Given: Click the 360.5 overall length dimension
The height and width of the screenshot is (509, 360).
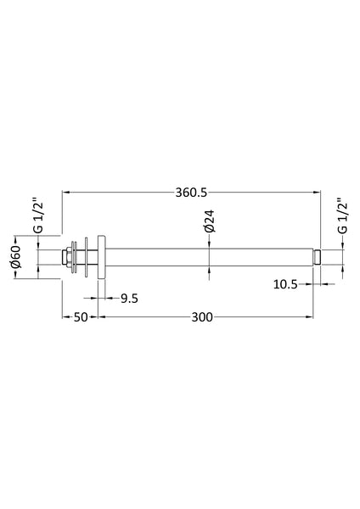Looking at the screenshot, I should (x=191, y=193).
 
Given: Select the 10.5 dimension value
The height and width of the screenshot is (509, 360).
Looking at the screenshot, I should (x=285, y=285).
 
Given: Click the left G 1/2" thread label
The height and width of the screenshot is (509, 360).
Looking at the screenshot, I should (x=37, y=217).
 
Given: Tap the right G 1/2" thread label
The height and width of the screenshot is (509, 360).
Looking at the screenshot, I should (x=341, y=217).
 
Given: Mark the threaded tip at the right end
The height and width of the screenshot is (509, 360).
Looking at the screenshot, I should (x=316, y=256).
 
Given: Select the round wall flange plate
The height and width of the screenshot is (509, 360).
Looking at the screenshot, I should (x=100, y=256).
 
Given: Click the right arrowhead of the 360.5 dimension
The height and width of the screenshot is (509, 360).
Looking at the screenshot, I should (x=318, y=193).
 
